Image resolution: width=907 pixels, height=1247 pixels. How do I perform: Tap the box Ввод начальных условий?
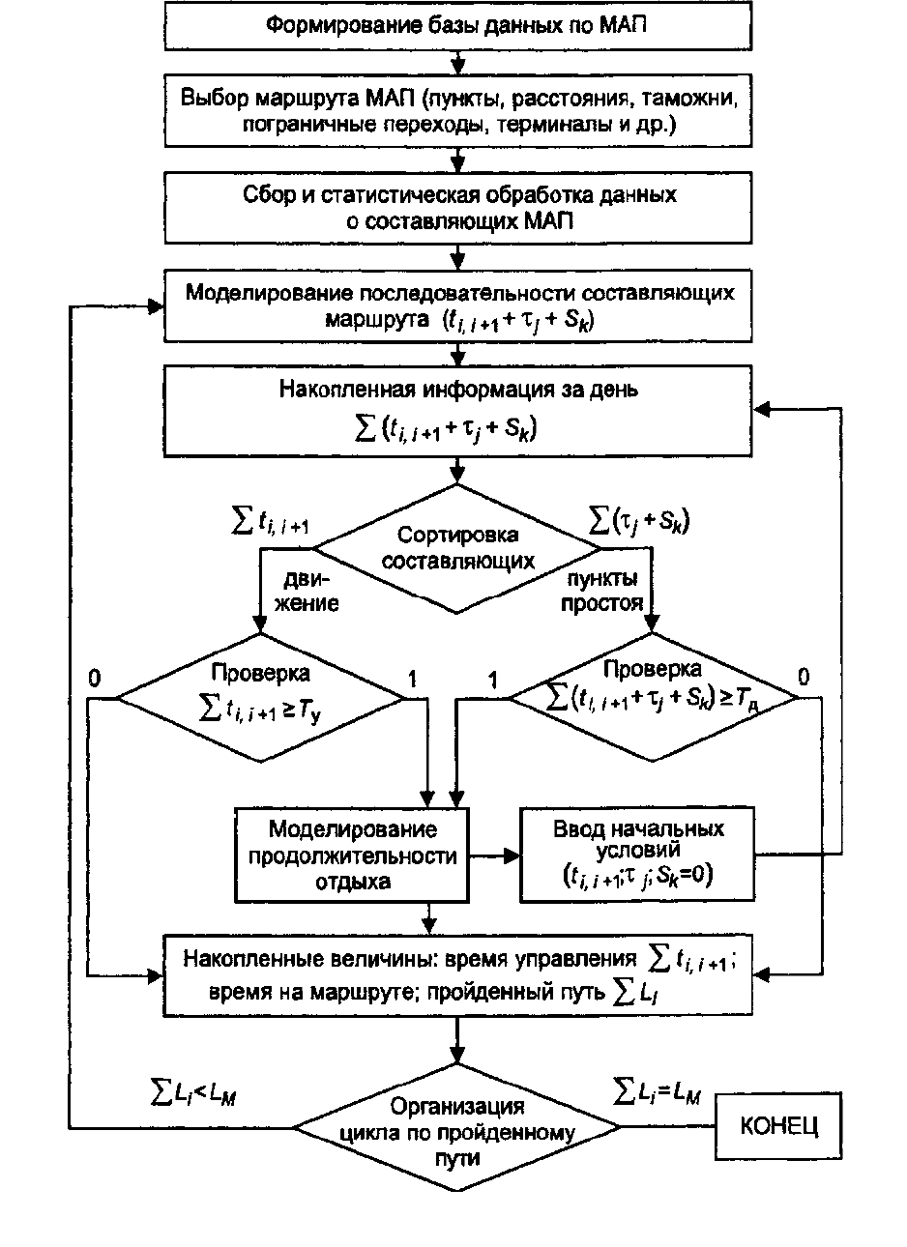pyautogui.click(x=638, y=855)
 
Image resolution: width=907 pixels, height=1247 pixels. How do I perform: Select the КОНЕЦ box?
pyautogui.click(x=778, y=1127)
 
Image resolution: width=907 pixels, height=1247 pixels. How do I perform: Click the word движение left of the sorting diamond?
pyautogui.click(x=310, y=592)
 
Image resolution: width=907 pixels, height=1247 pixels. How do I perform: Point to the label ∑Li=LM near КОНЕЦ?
pyautogui.click(x=658, y=1092)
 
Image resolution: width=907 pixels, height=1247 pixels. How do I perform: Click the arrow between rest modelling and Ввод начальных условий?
pyautogui.click(x=495, y=855)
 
